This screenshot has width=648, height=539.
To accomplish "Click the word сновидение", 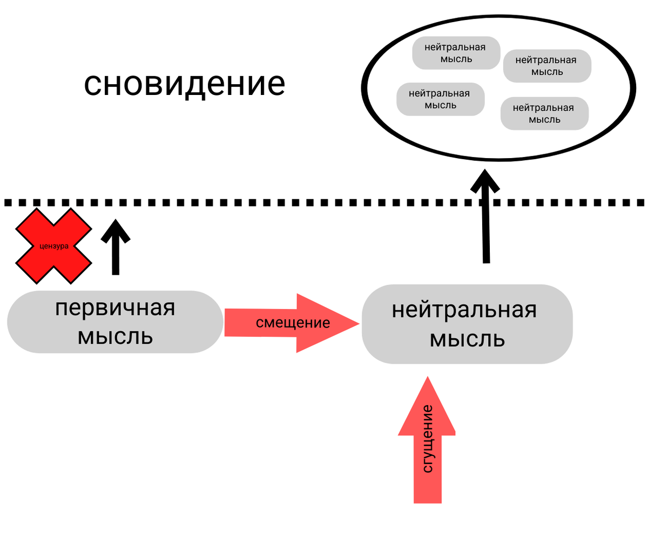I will click(x=184, y=85).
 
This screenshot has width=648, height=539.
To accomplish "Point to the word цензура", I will click(x=54, y=246).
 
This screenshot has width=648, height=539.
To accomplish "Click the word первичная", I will click(x=115, y=309).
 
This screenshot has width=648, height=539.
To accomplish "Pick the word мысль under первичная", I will click(x=115, y=337).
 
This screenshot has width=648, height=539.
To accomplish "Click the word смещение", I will click(x=293, y=323).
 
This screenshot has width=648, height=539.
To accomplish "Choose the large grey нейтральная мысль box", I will click(x=467, y=324).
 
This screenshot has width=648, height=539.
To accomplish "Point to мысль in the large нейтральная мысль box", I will click(x=467, y=340).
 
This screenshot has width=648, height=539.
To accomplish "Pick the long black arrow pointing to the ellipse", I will click(x=486, y=216).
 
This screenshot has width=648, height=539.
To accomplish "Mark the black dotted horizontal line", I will click(x=324, y=203).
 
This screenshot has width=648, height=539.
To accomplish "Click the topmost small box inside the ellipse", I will click(x=455, y=53).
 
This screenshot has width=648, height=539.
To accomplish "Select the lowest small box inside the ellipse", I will click(x=544, y=113).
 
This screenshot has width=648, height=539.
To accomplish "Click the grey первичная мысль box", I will click(x=115, y=323).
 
